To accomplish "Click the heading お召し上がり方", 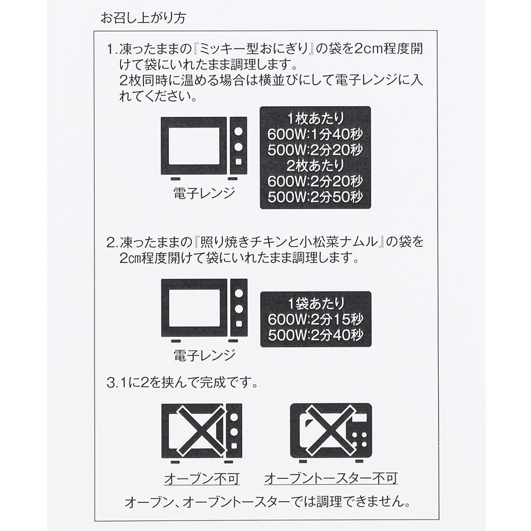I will tap(143, 17).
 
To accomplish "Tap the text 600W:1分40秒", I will tap(315, 133).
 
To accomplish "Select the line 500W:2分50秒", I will tap(315, 196).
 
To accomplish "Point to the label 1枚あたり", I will tap(315, 118).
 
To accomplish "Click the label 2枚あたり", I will tap(315, 165).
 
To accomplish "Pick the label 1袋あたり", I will tap(315, 304).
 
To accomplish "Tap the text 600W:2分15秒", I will tap(315, 320).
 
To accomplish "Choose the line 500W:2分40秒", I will tap(315, 336).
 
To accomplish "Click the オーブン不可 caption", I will tap(201, 479).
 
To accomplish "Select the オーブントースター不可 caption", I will tap(331, 479).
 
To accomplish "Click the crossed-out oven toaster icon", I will tap(331, 430).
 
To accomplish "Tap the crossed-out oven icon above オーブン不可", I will tap(201, 430).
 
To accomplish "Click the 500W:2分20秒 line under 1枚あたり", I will tap(315, 149).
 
